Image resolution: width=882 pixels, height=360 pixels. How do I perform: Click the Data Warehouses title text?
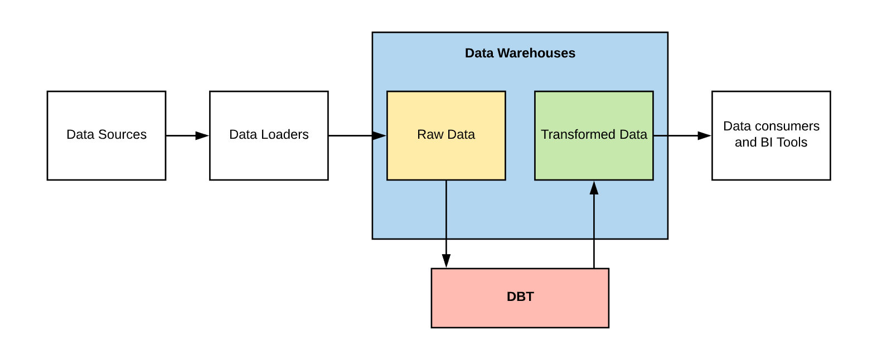[x=520, y=53]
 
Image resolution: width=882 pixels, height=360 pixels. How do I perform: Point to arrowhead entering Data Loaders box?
[x=202, y=135]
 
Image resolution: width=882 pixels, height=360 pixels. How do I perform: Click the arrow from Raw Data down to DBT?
[x=446, y=223]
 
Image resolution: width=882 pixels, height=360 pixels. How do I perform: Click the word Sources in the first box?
[x=122, y=134]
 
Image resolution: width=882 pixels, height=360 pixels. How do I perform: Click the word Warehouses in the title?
[x=536, y=53]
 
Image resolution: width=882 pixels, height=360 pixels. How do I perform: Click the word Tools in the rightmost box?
[x=792, y=142]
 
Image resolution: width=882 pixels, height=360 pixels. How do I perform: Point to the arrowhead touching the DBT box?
[x=446, y=261]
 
